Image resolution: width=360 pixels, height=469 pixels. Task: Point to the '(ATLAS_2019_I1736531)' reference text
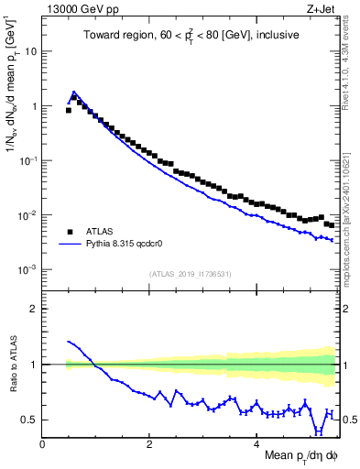[191, 274]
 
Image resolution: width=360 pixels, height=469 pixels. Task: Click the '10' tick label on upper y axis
[31, 51]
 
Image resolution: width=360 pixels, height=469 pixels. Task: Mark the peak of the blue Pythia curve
[74, 92]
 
